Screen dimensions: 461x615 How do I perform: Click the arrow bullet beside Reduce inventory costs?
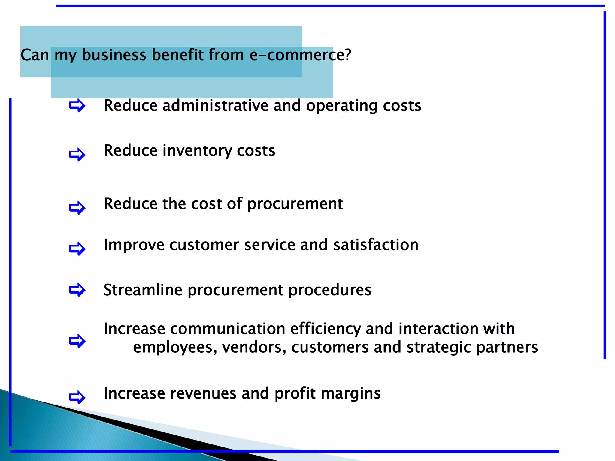pos(77,155)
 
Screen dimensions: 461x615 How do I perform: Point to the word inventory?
pos(197,151)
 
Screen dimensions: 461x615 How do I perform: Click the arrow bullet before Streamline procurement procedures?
pos(77,290)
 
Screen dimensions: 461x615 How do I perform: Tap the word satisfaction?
pos(376,245)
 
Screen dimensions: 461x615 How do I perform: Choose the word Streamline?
pos(143,290)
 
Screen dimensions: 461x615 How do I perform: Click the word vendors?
pos(254,348)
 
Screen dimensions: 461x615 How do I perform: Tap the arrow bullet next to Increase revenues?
pos(77,397)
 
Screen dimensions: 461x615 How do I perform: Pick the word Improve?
pos(134,245)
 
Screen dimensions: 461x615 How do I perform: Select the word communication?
pos(227,329)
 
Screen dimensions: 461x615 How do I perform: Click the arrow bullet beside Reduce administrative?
pos(77,105)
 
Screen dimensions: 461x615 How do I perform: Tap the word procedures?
pos(330,290)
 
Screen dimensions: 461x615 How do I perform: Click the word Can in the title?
pos(35,55)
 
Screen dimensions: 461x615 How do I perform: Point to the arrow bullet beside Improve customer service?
pos(77,249)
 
